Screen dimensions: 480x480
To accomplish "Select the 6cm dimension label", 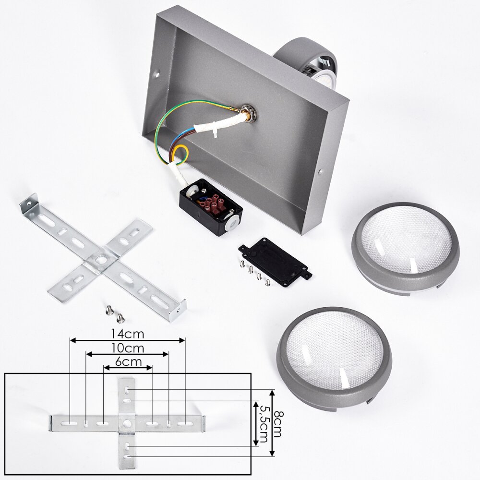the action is pyautogui.click(x=129, y=362).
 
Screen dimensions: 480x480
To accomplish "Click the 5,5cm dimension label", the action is pyautogui.click(x=264, y=424).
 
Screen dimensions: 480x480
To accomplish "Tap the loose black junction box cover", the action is pyautogui.click(x=275, y=262).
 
